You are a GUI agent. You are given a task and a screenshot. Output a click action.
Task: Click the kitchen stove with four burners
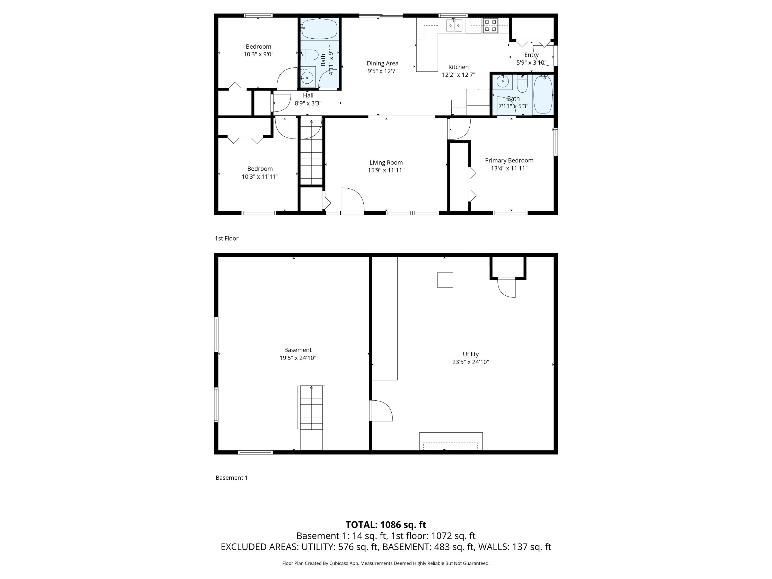(x=490, y=25)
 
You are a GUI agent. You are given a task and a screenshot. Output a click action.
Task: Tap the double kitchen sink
(x=454, y=25)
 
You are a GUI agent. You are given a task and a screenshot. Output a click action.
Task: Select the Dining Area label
(x=382, y=63)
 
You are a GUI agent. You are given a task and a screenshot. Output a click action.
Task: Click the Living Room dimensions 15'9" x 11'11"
(x=386, y=170)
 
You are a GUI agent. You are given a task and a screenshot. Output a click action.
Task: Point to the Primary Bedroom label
(x=509, y=161)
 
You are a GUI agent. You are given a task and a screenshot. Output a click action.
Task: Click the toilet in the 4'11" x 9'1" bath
(x=310, y=55)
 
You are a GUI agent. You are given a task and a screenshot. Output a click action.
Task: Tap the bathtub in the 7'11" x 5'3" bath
(x=543, y=95)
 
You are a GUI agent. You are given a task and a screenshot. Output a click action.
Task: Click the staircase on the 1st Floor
(x=311, y=152)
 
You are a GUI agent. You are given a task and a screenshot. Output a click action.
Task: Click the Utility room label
(x=470, y=354)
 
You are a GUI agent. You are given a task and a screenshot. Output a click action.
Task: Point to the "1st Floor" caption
(x=226, y=238)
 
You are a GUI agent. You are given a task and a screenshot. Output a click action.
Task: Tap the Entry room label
(x=531, y=55)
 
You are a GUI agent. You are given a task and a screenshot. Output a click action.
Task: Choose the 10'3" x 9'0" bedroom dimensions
(x=258, y=55)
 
